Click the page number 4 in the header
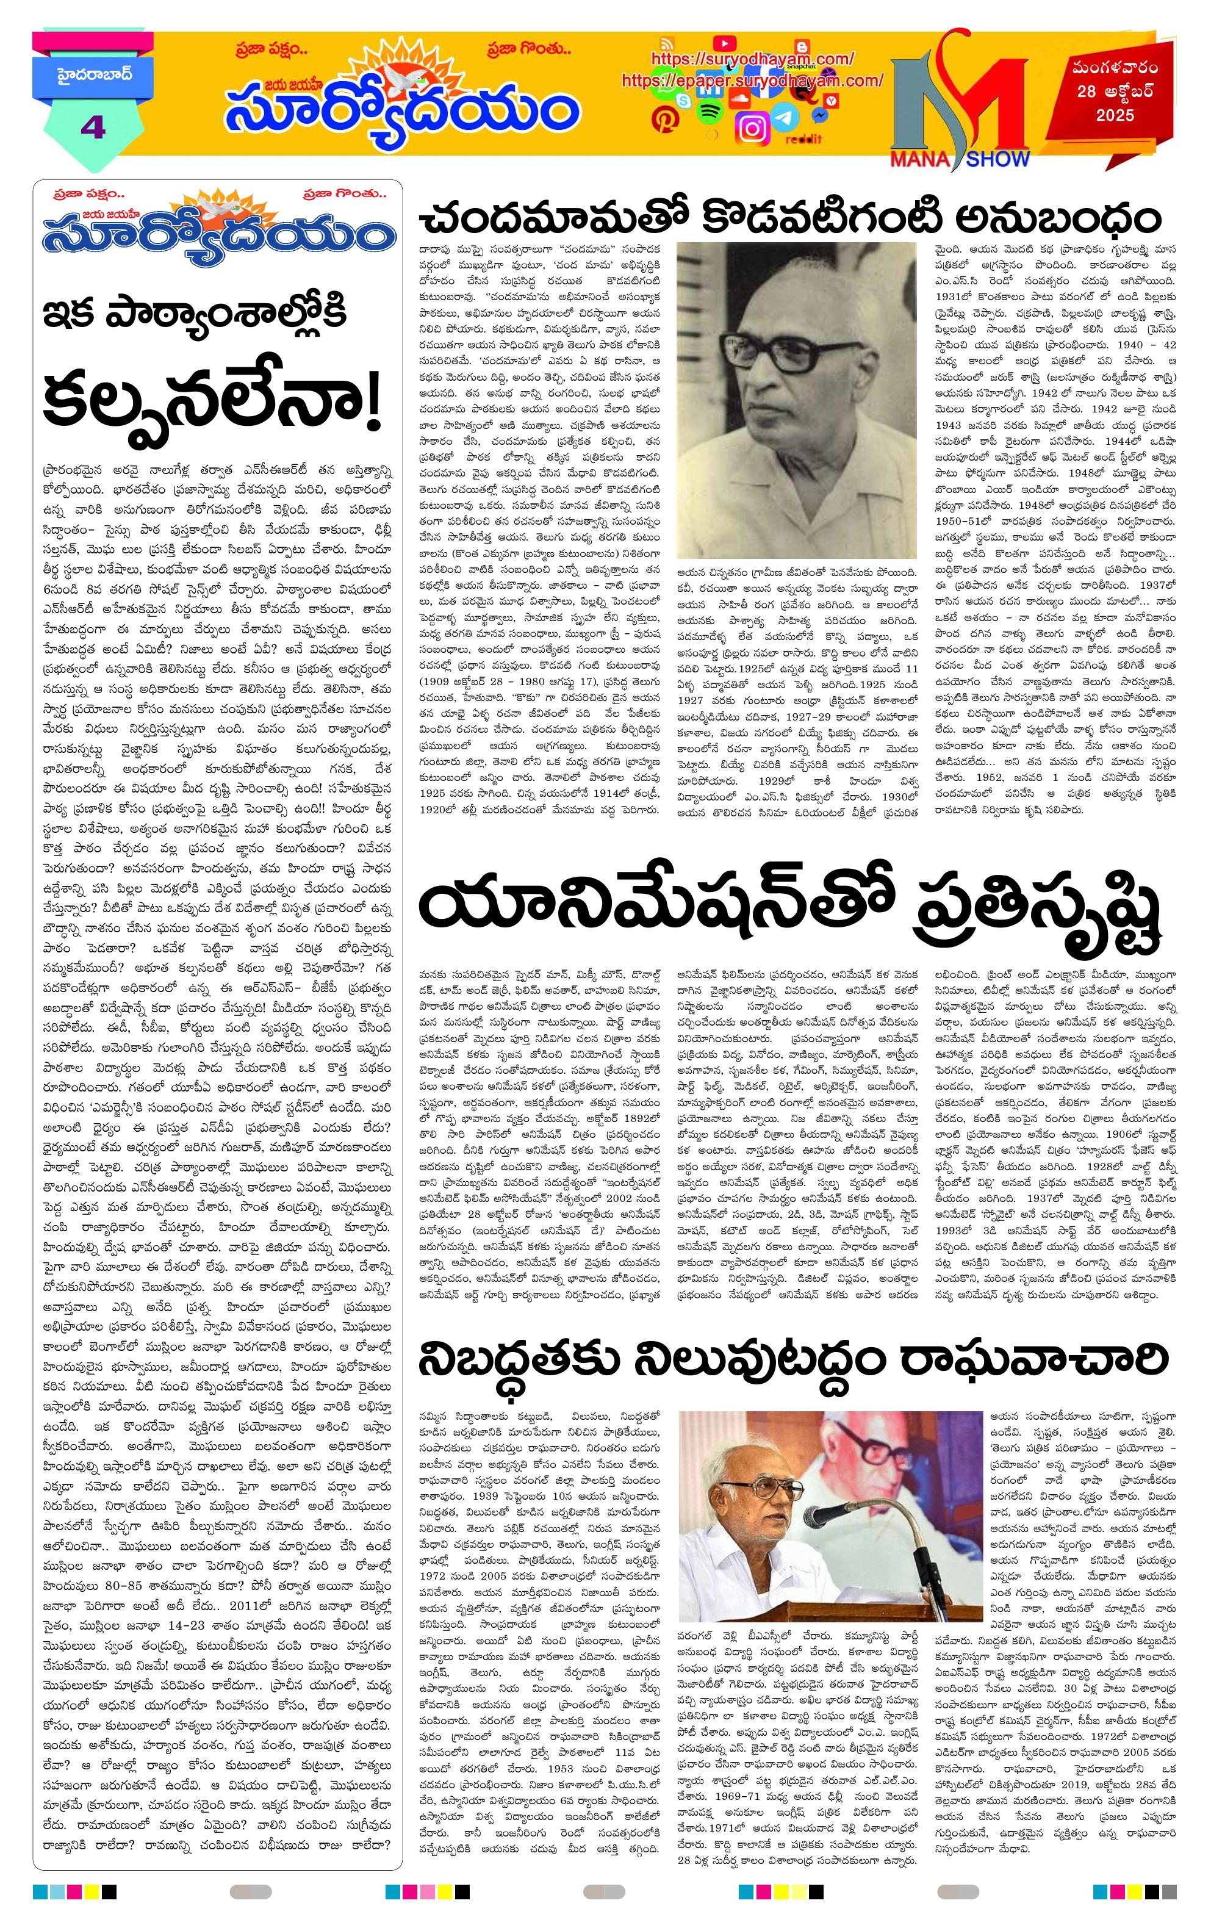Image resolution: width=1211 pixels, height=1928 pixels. pos(93,128)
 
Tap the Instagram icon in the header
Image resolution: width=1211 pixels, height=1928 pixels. pos(752,128)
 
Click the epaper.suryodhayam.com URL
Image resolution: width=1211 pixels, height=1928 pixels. pos(752,81)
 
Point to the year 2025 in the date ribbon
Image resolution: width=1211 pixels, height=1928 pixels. pos(1116,115)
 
